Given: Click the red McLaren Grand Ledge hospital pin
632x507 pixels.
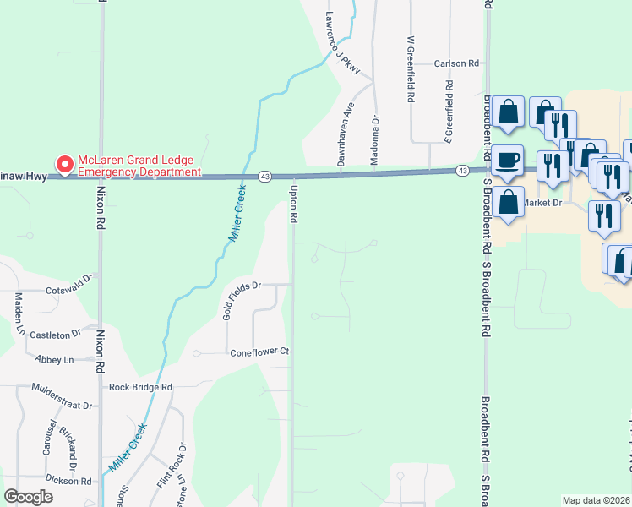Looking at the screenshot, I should tap(63, 163).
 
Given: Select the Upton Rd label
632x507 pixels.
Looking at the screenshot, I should tap(294, 205).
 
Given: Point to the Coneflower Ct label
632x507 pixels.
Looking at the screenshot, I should tap(260, 352).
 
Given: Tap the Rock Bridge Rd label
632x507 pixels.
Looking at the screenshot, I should tap(140, 387).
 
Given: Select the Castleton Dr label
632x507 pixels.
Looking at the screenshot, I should tap(55, 335).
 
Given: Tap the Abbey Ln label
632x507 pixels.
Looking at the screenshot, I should tap(55, 359).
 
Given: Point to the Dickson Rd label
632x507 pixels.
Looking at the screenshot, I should tap(68, 480).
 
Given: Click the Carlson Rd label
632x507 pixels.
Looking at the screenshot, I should tap(456, 63).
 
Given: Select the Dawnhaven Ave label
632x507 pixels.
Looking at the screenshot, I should tap(349, 125).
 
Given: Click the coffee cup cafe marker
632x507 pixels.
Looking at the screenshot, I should tap(507, 161).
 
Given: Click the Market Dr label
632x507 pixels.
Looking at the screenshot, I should tap(542, 203).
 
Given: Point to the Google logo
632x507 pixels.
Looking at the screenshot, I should tap(28, 497).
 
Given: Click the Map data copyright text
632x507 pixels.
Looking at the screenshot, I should tap(596, 500).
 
